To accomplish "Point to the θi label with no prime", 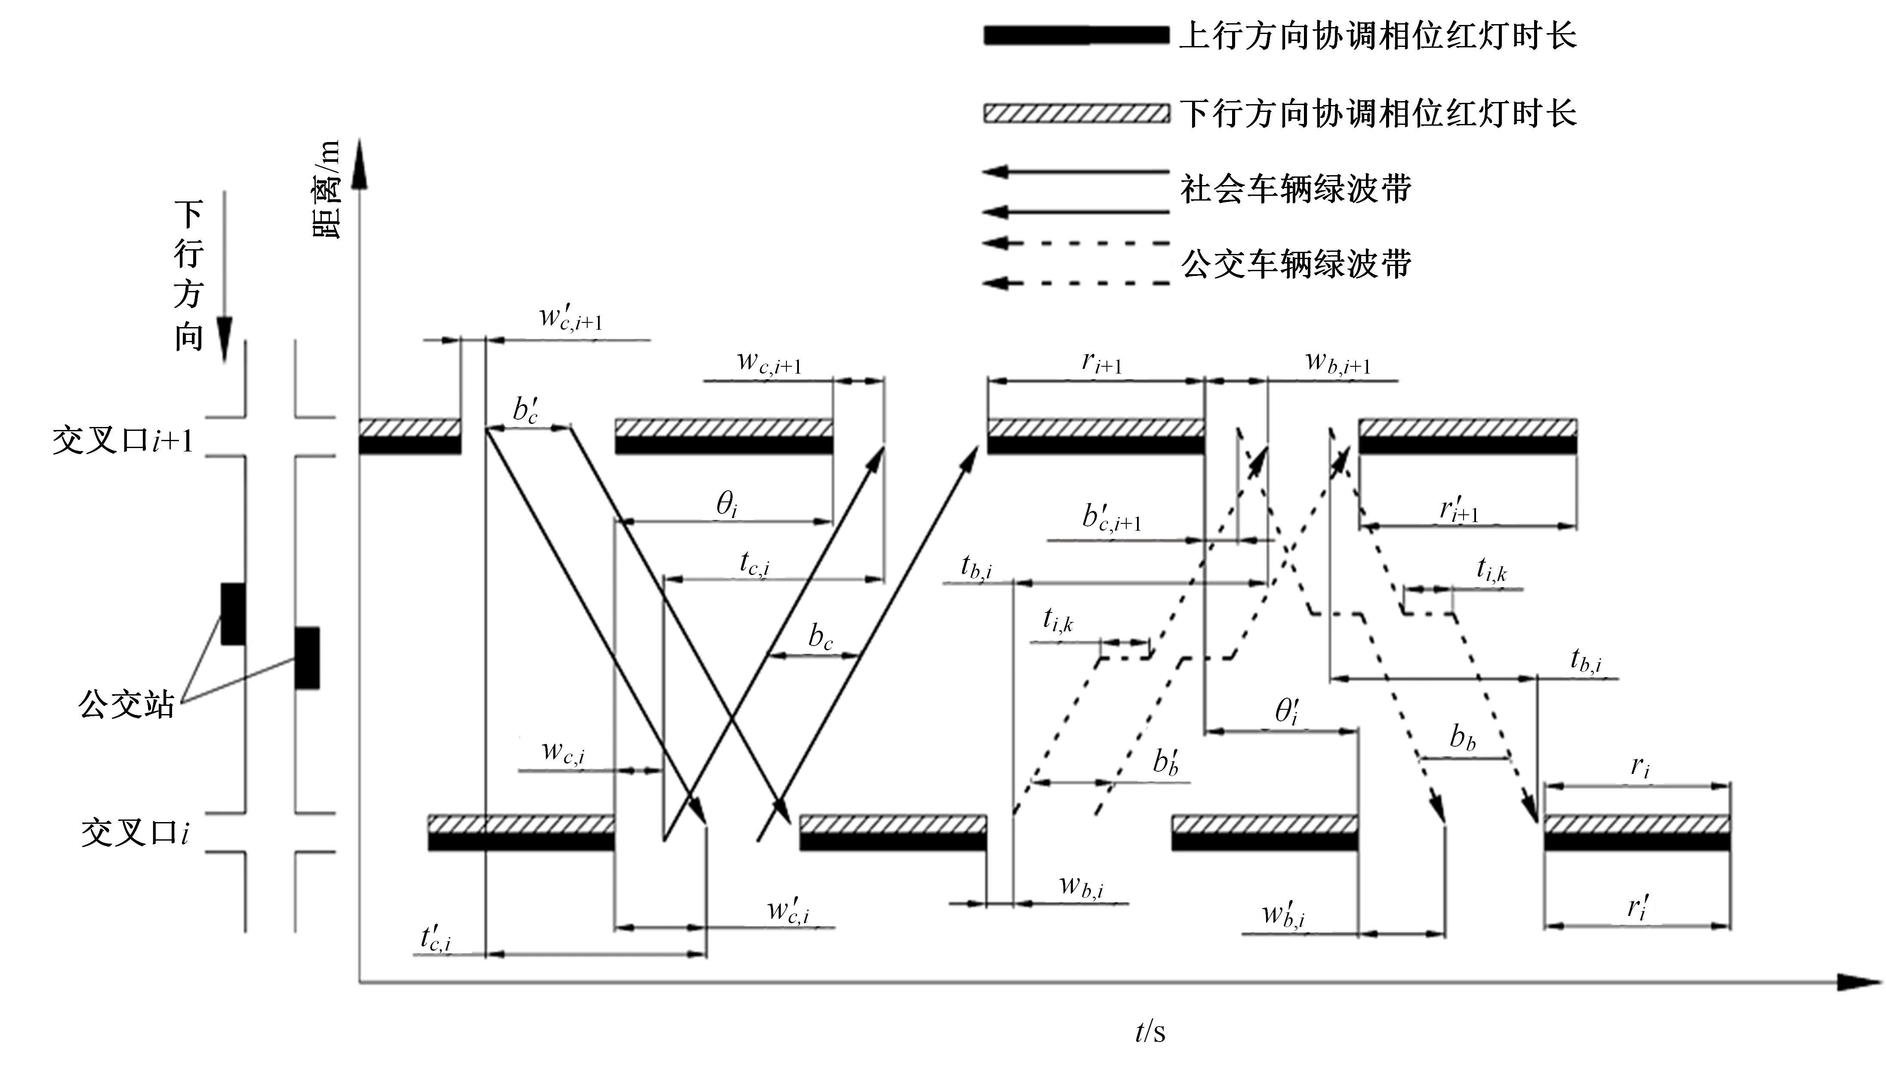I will [x=726, y=505].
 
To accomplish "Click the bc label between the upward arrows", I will [x=820, y=637].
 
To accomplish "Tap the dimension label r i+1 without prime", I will [x=1102, y=362].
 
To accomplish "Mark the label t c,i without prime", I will [x=754, y=564].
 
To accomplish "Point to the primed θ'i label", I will [x=1287, y=711].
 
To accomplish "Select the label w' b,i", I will [x=1283, y=915].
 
